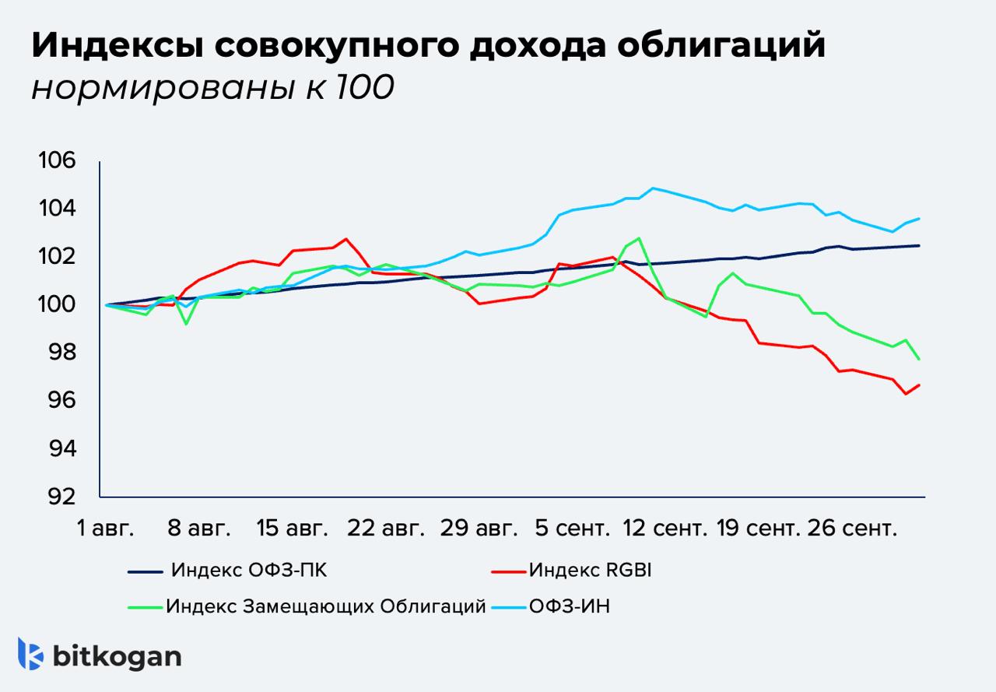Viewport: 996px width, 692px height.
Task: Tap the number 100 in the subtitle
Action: point(364,88)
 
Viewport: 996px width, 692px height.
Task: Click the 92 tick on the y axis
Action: point(62,496)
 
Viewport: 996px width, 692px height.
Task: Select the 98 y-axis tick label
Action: point(62,353)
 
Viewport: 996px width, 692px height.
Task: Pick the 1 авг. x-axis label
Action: point(106,529)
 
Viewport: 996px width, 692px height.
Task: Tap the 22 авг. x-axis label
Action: point(386,529)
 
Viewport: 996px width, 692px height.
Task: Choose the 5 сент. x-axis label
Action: point(572,529)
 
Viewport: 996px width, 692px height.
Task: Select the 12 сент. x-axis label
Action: point(666,529)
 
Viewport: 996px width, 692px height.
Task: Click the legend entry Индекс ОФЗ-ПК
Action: point(248,571)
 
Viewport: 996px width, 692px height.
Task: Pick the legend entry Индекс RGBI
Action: point(589,571)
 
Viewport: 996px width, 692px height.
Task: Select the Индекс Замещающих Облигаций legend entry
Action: point(325,606)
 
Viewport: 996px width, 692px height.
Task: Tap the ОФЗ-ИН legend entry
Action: point(569,606)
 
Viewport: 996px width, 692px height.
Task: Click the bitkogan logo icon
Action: point(30,654)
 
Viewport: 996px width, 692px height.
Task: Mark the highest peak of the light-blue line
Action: point(653,188)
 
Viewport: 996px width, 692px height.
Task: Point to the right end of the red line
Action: point(920,385)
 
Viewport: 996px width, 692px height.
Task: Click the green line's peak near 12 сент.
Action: point(639,238)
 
